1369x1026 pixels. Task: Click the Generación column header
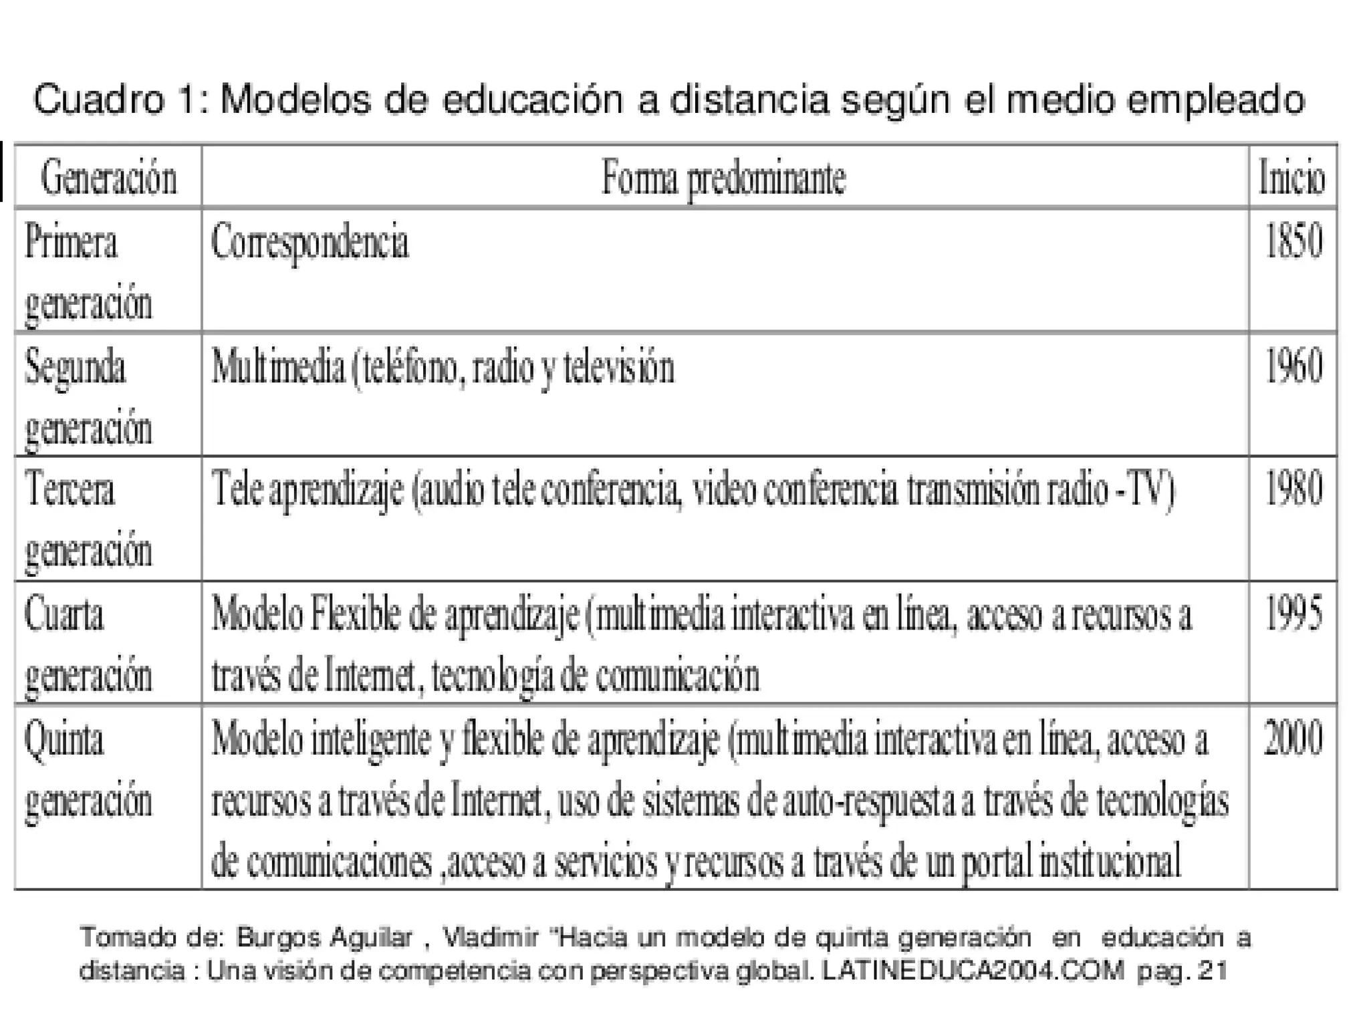click(108, 178)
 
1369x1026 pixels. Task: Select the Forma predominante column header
click(723, 178)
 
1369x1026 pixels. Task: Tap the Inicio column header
click(1291, 178)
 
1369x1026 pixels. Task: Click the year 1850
click(1293, 241)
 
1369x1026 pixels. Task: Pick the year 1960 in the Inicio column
click(1293, 367)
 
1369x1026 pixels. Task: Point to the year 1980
click(1293, 489)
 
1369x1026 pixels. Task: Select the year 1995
click(1293, 614)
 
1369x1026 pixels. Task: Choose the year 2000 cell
click(1293, 739)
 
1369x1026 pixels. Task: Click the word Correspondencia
click(309, 243)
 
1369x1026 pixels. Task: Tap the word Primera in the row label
click(71, 241)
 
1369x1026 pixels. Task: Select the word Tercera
click(70, 489)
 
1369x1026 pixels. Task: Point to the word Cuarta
click(64, 614)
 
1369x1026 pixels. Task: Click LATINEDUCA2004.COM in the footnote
click(972, 971)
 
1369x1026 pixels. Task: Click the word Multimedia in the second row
click(278, 367)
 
